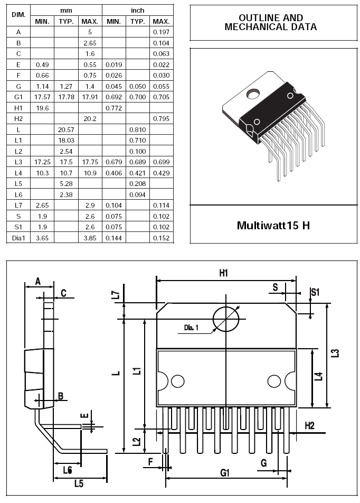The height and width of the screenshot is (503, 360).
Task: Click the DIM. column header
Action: tap(18, 15)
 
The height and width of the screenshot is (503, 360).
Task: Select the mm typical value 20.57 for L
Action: tap(66, 129)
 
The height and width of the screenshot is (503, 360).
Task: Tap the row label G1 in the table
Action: tap(18, 97)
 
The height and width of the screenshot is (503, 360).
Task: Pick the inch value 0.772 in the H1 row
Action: tap(114, 108)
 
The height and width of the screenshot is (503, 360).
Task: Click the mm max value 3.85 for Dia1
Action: tap(90, 238)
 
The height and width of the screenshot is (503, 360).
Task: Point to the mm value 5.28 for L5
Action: tap(66, 183)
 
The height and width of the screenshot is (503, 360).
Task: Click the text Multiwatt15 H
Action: tap(273, 225)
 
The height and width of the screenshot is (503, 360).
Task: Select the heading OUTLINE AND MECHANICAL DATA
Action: tap(271, 22)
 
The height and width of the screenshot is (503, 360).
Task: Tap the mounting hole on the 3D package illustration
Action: tap(253, 94)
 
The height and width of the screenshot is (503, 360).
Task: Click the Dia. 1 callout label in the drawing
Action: tap(191, 328)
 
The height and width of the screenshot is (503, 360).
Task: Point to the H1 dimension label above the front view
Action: tap(223, 273)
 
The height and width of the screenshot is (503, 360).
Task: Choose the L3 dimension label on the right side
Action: tap(335, 353)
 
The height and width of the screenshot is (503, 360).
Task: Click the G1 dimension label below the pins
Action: tap(225, 472)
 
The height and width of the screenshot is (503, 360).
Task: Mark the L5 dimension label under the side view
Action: tap(79, 483)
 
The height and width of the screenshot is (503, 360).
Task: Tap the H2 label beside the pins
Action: tap(309, 426)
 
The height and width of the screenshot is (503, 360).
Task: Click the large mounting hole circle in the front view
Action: tap(226, 319)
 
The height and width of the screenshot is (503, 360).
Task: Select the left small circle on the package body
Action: tap(177, 381)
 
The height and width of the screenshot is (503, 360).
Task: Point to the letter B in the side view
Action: tap(61, 396)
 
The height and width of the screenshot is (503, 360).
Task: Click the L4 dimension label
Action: tap(318, 376)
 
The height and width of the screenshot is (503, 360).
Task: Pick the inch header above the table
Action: tap(138, 10)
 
